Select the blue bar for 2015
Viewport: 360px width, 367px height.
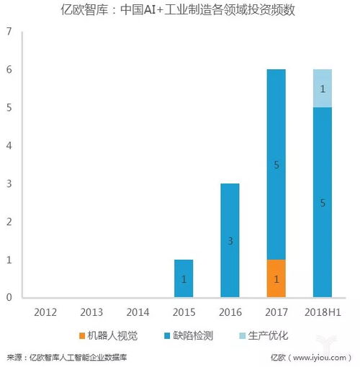pos(184,278)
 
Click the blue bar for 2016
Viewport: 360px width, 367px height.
pos(230,240)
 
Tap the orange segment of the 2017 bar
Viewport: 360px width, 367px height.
pos(276,278)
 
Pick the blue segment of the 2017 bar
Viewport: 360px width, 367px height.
pos(276,164)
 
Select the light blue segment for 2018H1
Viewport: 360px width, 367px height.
pos(322,89)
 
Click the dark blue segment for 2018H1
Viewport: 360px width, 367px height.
pos(322,202)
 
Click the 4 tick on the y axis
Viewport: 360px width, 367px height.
pos(9,146)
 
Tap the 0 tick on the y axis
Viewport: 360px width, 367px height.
pos(9,297)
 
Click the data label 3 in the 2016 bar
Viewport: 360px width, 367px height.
pos(230,241)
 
